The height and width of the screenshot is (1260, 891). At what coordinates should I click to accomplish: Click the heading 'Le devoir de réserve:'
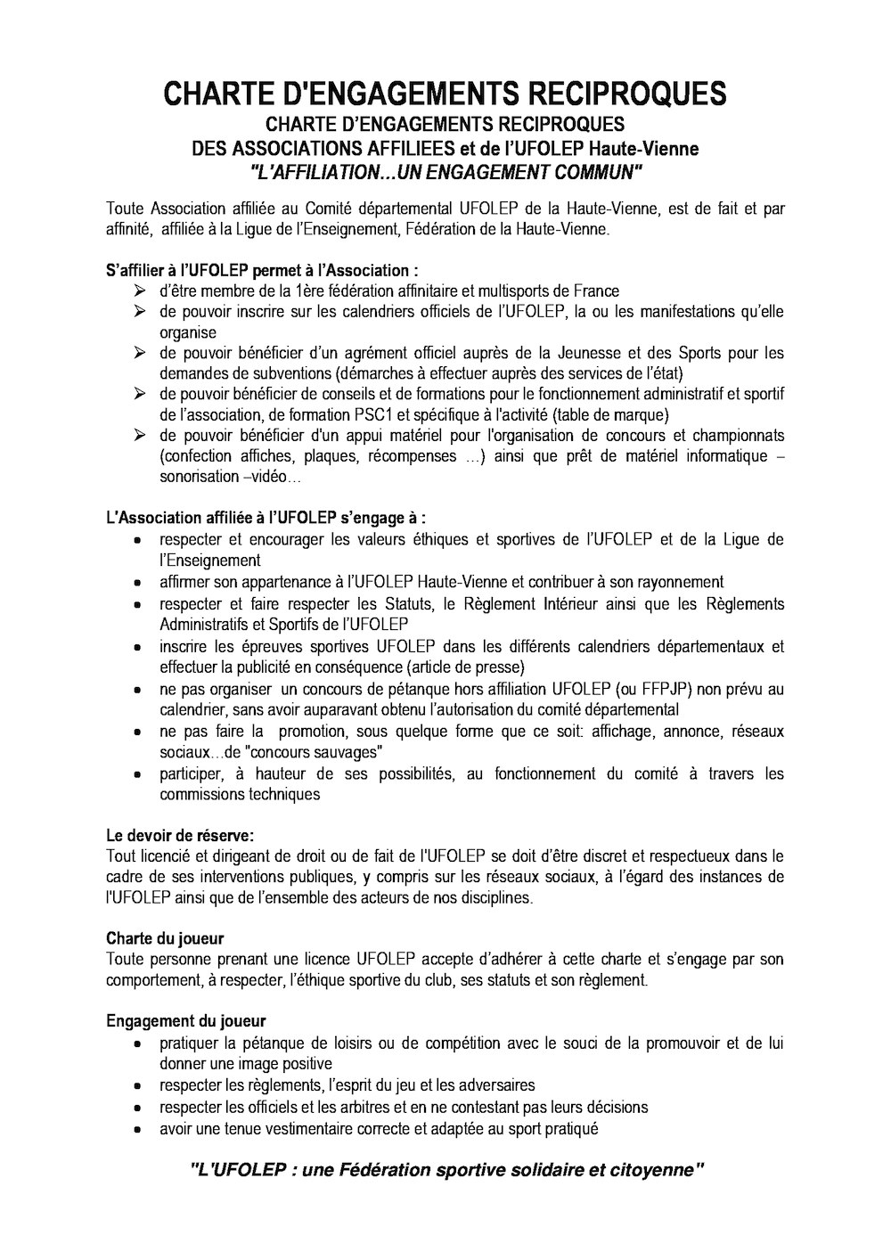point(180,836)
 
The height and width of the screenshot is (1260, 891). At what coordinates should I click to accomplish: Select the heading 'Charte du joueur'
point(165,938)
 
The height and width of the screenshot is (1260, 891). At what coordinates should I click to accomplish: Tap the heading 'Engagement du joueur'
point(186,1021)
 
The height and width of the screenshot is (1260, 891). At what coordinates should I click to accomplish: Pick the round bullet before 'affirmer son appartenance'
point(138,583)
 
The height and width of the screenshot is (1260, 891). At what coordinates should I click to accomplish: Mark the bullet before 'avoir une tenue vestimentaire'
point(138,1130)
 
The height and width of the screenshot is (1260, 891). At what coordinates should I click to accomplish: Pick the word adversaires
point(492,1085)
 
